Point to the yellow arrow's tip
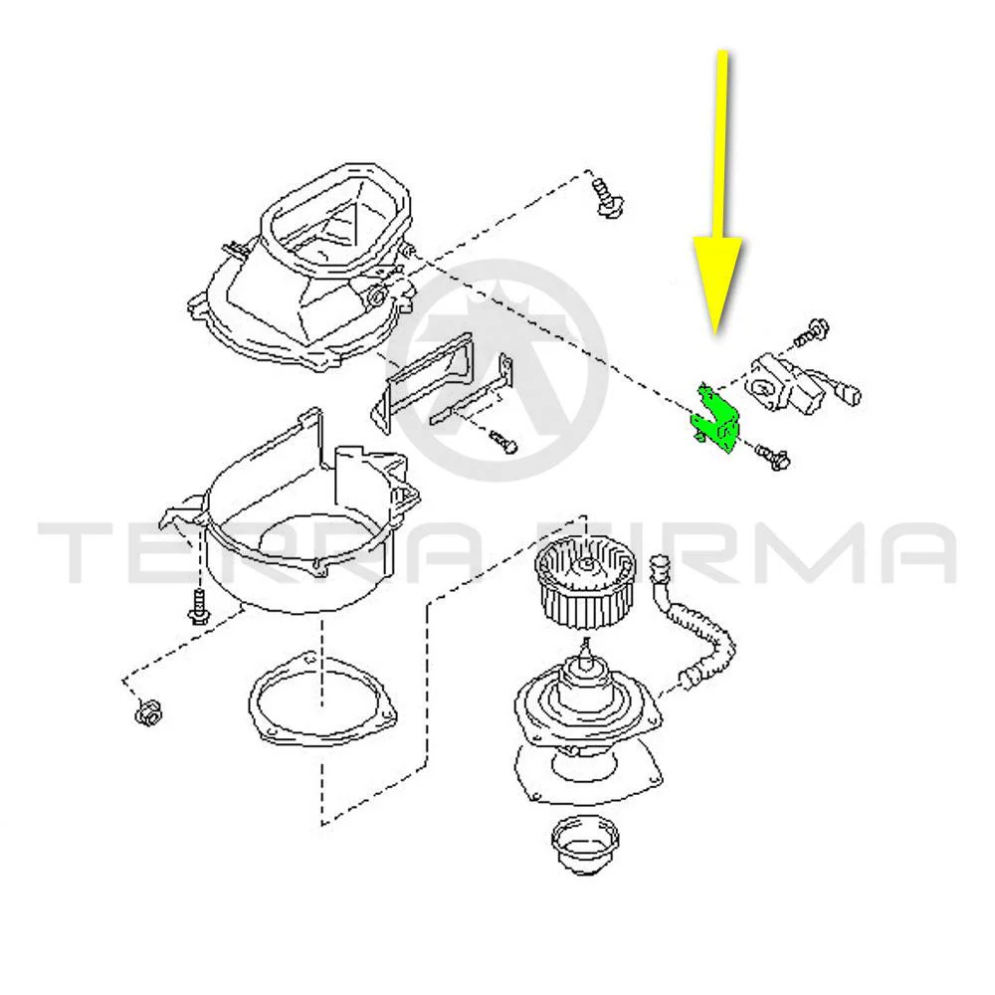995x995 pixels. [x=717, y=332]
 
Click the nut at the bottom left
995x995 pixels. [x=148, y=712]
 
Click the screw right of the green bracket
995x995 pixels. [x=772, y=456]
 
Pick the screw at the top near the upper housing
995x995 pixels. [x=607, y=197]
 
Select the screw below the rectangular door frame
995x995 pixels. [x=503, y=441]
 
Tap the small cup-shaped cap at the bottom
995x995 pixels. [x=584, y=845]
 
